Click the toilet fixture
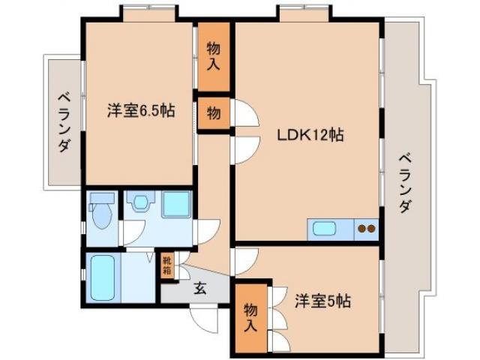pyautogui.click(x=103, y=215)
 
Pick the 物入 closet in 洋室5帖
pyautogui.click(x=250, y=317)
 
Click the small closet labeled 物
pyautogui.click(x=214, y=113)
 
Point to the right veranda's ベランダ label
pyautogui.click(x=405, y=183)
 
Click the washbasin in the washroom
pyautogui.click(x=139, y=203)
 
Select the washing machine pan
pyautogui.click(x=176, y=205)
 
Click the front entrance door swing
pyautogui.click(x=202, y=317)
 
